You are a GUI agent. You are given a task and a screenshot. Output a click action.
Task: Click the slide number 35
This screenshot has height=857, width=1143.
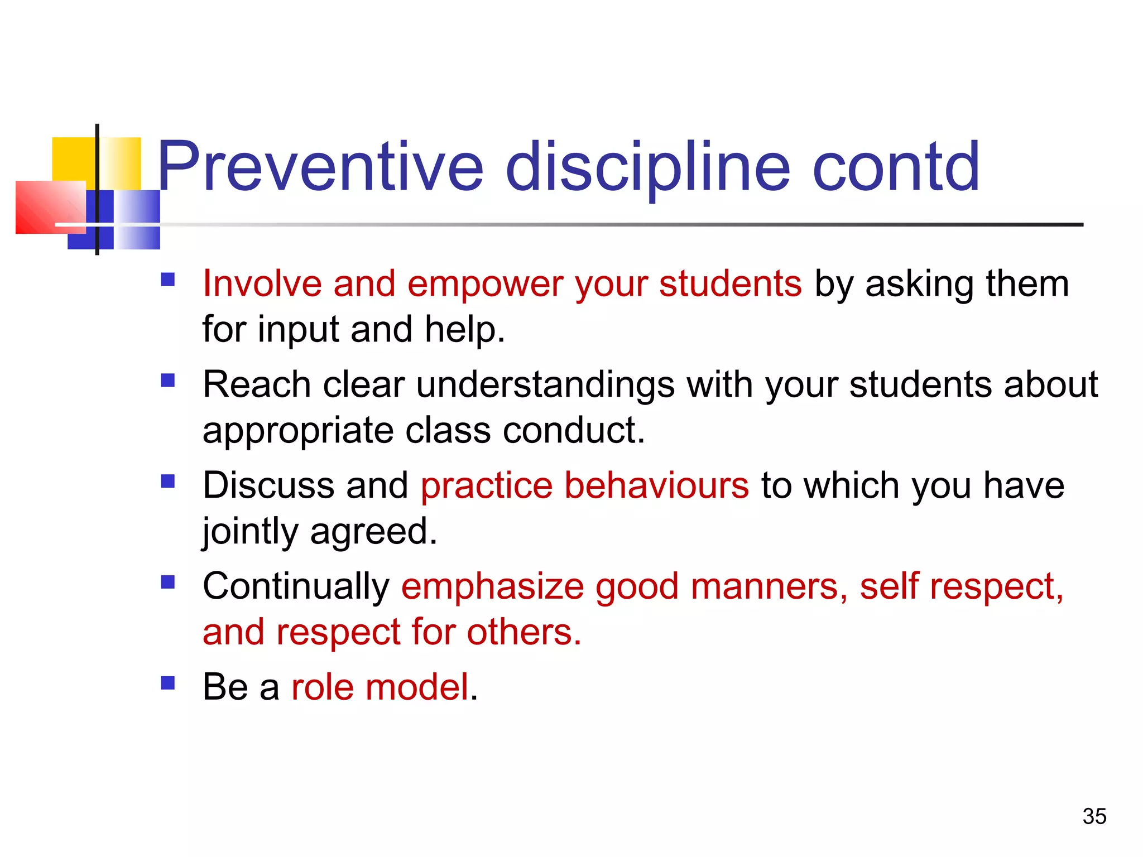click(x=1094, y=816)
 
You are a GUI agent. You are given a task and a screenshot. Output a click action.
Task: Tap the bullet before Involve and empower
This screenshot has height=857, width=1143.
click(x=168, y=279)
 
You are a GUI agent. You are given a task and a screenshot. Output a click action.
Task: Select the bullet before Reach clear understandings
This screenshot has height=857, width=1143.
click(x=168, y=380)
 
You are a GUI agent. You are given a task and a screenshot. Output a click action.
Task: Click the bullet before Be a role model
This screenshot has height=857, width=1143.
click(x=168, y=683)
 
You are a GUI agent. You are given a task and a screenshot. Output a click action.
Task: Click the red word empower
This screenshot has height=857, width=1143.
click(x=486, y=285)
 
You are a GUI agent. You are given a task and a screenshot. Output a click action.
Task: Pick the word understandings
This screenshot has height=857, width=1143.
click(x=545, y=385)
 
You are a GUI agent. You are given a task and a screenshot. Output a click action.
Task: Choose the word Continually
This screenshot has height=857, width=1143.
click(x=296, y=587)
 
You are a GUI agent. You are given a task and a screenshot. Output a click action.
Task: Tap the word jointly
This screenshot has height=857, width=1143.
click(x=250, y=531)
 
